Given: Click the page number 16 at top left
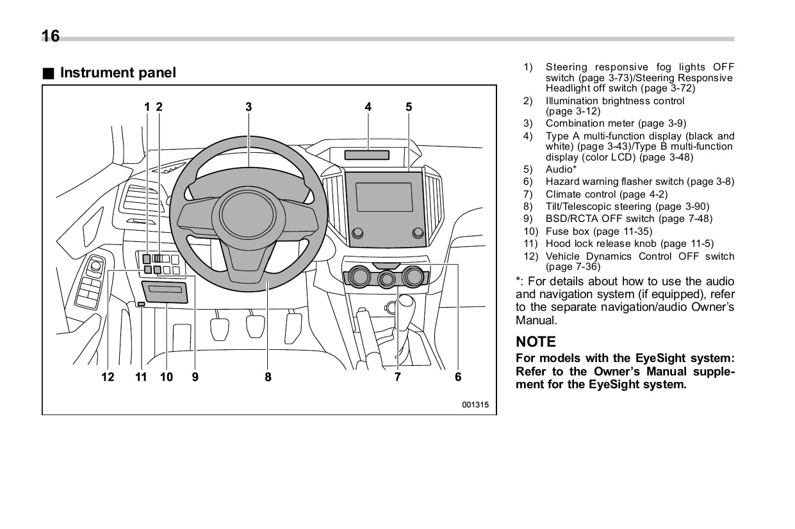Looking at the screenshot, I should point(51,36).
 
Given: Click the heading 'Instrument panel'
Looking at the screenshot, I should point(117,73).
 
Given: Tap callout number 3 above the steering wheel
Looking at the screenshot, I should point(249,107).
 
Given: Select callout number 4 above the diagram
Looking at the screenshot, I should point(368,107).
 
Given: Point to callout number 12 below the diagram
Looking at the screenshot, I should point(108,377).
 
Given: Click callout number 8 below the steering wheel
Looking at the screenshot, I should point(268,377).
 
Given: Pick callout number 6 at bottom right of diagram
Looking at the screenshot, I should point(458,377).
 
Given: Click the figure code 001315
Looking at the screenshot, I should point(475,404).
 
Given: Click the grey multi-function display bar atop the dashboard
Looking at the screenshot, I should point(367,155).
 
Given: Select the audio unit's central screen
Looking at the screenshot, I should point(384,197).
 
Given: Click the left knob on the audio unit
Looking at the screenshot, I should point(357,232).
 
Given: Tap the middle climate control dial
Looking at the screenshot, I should point(386,278).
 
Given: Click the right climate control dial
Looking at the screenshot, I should point(414,276).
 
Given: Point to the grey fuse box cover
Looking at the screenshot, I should point(166,292).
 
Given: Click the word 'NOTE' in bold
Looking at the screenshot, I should point(536,342).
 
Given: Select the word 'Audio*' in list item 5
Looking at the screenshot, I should point(561,170).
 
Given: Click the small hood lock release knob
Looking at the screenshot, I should point(141,304).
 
